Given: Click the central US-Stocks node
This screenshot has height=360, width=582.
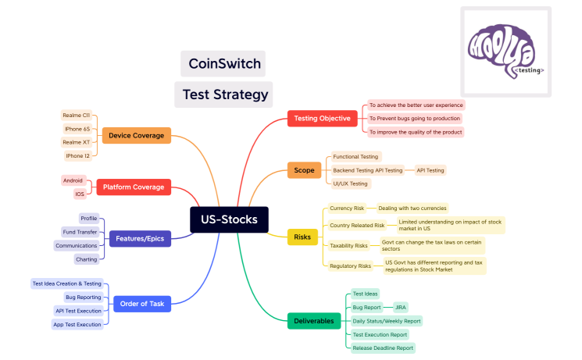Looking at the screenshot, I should tap(229, 219).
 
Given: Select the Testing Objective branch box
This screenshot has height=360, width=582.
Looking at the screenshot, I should tap(323, 119).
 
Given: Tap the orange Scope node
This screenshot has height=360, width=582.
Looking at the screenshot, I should tap(304, 169).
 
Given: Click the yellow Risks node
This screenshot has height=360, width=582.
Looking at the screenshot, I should tap(302, 237).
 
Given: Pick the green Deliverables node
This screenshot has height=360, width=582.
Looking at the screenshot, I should tap(313, 320).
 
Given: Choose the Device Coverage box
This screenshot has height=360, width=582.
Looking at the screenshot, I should tap(136, 135).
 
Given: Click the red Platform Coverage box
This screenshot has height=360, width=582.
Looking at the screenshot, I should tap(134, 187).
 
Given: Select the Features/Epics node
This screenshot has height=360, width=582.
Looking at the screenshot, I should tap(139, 238).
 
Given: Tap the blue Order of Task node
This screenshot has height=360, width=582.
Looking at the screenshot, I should tap(141, 303).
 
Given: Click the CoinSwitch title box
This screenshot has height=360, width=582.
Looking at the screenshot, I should tap(222, 64).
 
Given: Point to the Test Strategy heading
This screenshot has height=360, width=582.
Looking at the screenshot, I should tap(224, 94).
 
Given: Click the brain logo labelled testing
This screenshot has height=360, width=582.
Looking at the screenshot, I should tap(505, 52).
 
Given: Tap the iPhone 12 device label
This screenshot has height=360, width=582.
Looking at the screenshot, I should tap(77, 155).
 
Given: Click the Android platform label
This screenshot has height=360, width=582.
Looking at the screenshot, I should tap(73, 180).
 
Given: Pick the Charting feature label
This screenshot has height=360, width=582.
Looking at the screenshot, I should tap(86, 258).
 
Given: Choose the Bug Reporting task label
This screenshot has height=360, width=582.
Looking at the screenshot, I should tap(82, 297).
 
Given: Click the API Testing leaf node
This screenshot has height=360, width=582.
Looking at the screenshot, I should tap(430, 169).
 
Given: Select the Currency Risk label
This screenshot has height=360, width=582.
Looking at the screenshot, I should tap(347, 209).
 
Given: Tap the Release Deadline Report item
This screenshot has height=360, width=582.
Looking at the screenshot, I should tap(383, 348).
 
